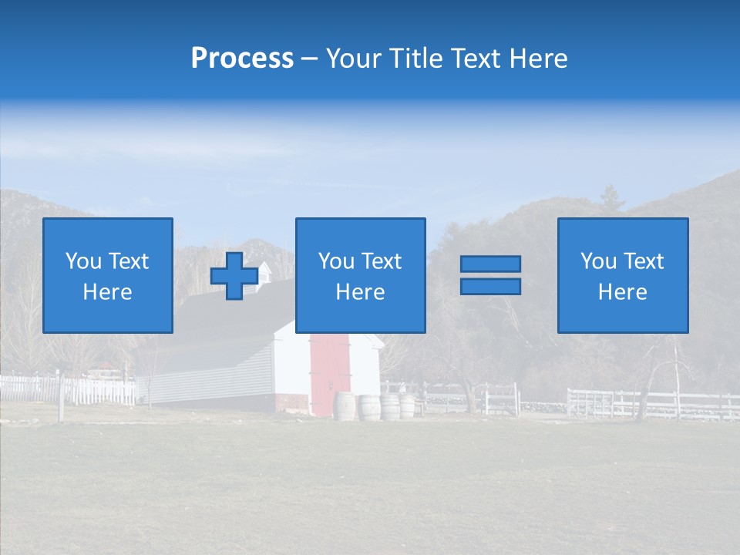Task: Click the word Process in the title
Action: (242, 59)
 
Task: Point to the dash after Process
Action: (309, 59)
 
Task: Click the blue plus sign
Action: (234, 276)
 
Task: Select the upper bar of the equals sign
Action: (490, 264)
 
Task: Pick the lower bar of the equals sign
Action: (490, 286)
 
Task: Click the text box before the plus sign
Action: (108, 275)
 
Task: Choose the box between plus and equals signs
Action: (360, 275)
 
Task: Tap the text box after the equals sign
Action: (623, 275)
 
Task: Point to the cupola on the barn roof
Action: (264, 272)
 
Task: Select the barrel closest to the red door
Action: (344, 406)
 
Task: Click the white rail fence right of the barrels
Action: (647, 404)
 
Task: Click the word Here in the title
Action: (539, 59)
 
